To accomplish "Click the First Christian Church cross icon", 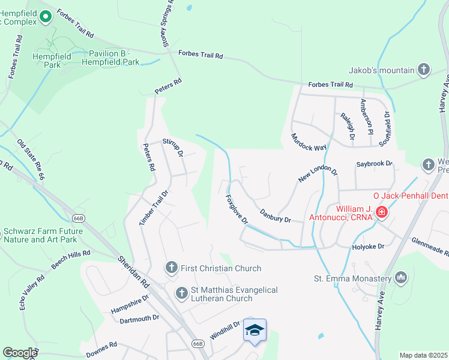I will [x=171, y=268].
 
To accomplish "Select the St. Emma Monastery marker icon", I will [x=401, y=278].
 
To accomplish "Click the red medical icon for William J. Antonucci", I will [x=382, y=212].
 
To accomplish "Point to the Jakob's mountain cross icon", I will [x=424, y=70].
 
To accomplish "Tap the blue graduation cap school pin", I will [x=255, y=330].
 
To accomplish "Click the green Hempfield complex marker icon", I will [x=44, y=20].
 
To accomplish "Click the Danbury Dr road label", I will [x=276, y=215].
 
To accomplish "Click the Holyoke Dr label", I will [x=368, y=245].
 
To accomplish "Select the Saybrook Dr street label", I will [x=373, y=163].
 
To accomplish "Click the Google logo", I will [x=20, y=353].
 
